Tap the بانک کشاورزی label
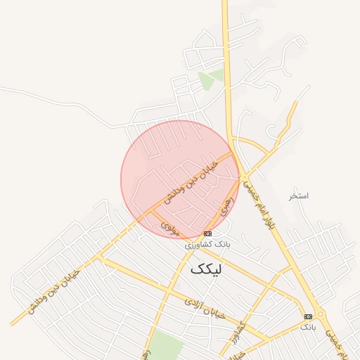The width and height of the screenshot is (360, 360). coord(207,244)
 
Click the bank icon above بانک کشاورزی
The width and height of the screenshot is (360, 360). coord(207,233)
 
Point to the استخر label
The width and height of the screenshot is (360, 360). coord(299,195)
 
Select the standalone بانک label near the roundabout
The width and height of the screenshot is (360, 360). coord(308,327)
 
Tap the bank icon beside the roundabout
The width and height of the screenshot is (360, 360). coord(308,316)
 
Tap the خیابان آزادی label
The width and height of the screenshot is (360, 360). coord(205,307)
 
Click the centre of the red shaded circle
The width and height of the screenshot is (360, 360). coord(180,179)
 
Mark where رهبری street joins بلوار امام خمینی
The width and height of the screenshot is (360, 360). coord(239,176)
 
